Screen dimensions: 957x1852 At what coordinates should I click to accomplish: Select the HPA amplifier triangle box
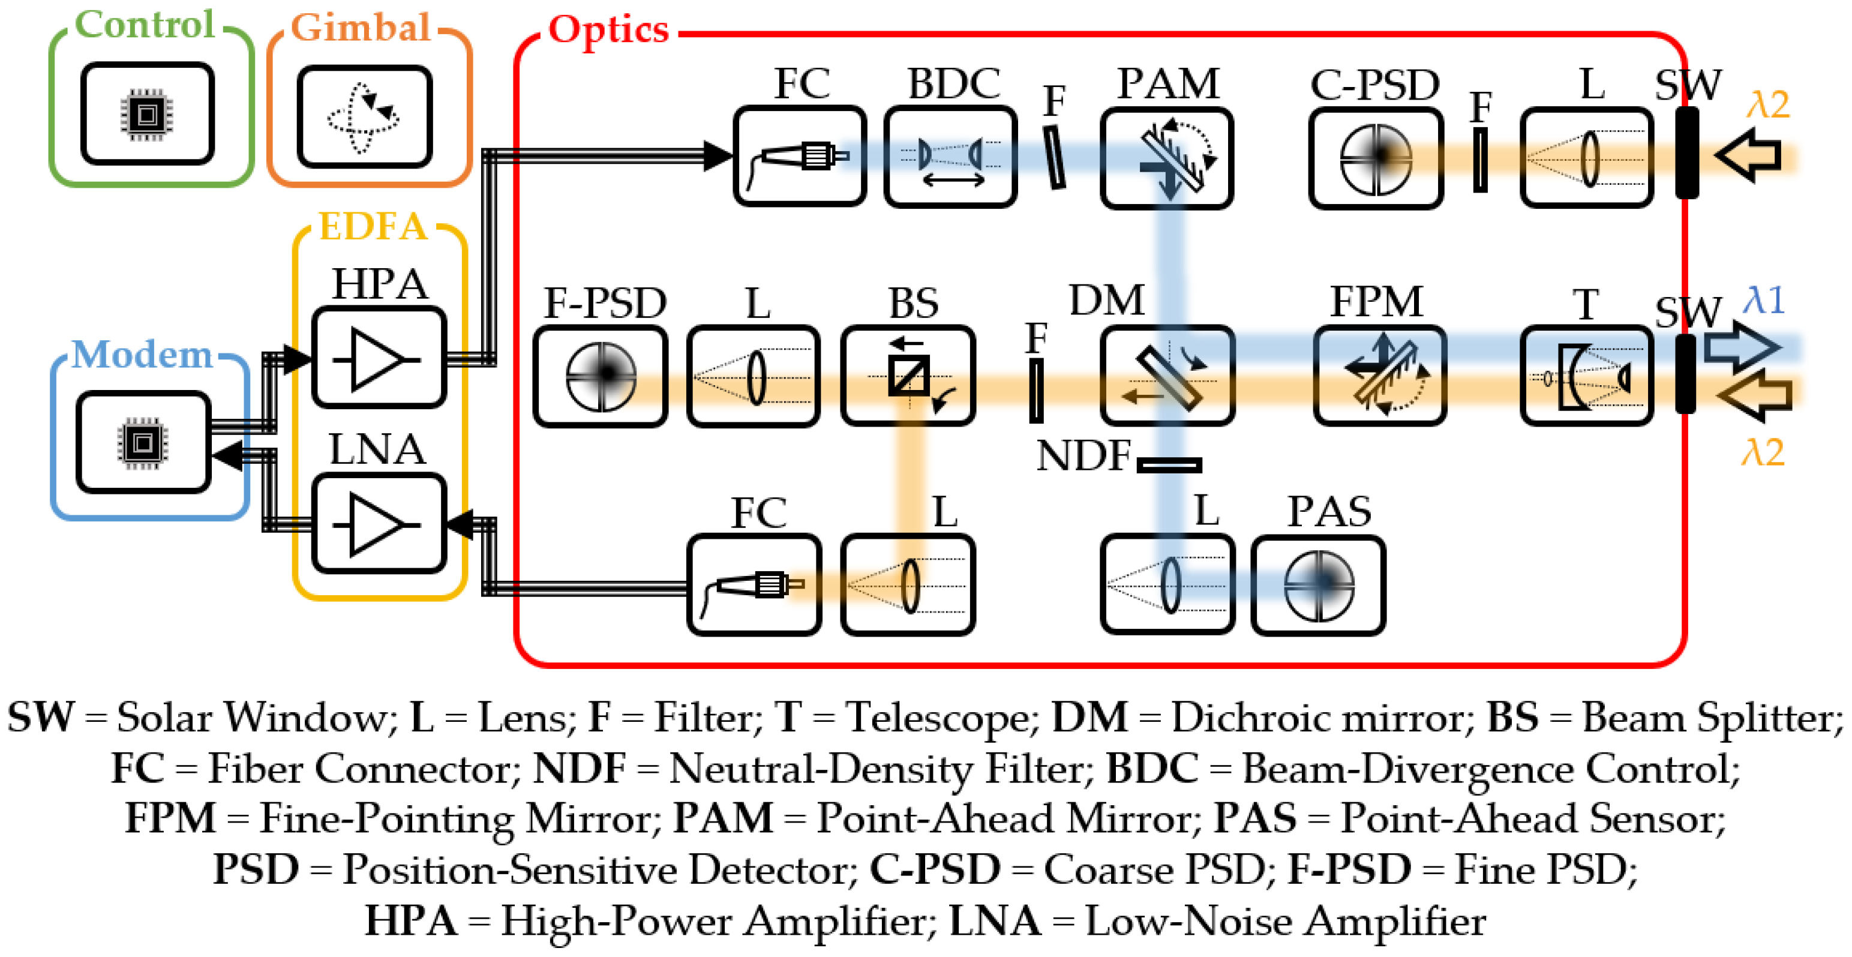[x=379, y=358]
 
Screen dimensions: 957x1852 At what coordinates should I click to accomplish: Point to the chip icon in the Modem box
[x=143, y=443]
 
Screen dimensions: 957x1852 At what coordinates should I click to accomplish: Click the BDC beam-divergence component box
[x=950, y=157]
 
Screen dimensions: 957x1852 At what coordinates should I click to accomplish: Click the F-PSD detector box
[x=601, y=376]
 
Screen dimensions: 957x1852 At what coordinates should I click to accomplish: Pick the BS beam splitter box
[x=908, y=376]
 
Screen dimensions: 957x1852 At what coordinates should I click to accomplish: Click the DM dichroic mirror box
[x=1167, y=376]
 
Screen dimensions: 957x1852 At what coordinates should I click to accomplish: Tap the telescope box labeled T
[x=1587, y=376]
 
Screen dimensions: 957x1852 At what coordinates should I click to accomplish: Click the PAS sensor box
[x=1318, y=585]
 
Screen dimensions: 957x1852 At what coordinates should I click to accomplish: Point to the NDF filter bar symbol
[x=1169, y=465]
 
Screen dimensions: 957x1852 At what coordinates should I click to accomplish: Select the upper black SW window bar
[x=1686, y=152]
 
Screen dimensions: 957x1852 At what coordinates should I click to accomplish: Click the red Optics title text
[x=608, y=30]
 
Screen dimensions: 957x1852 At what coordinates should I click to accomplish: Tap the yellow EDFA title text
[x=373, y=227]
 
